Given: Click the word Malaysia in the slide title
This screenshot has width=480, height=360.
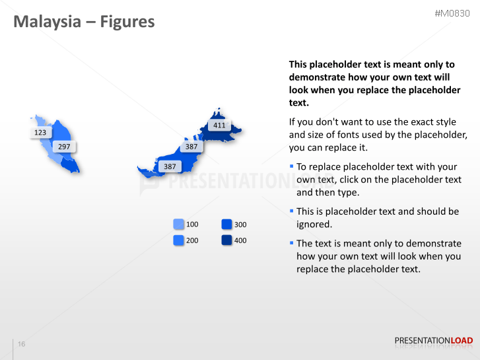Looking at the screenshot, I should pos(46,22).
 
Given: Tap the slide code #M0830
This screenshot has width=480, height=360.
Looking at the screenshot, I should pos(453,13).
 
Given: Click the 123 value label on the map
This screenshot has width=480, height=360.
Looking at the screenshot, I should pos(40,132).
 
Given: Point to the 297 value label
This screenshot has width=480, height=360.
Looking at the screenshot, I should pos(64,147).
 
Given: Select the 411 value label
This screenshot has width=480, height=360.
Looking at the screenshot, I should pos(219,125).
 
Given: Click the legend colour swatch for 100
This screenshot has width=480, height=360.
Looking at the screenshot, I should pos(178,225).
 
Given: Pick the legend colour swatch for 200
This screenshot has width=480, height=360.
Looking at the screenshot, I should pos(178,240).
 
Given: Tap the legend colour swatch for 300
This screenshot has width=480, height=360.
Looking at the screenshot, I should pos(226,225).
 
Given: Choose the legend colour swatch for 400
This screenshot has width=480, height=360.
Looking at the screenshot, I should pos(226,240).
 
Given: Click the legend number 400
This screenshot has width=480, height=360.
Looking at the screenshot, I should pos(240,240).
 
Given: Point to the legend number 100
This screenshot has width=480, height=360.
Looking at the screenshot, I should pos(192,225).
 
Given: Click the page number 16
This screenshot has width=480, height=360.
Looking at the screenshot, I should pos(22,344).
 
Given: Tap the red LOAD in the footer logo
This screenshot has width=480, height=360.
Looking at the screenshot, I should pos(462,341).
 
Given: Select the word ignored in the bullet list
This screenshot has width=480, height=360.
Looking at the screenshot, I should pos(314,224).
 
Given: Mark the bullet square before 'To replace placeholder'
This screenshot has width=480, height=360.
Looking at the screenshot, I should pos(292,166).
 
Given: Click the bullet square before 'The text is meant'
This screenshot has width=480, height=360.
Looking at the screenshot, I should pos(292,242).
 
